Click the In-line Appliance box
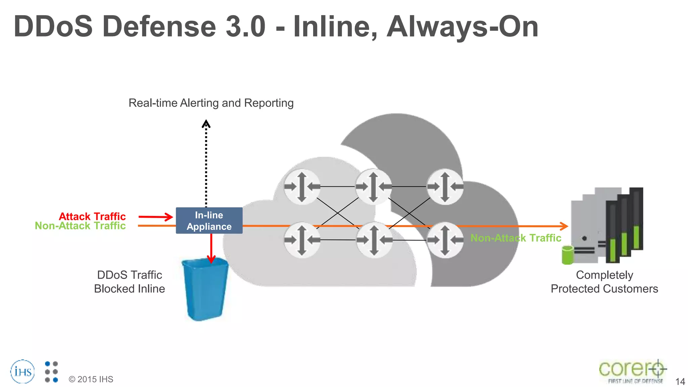(x=209, y=221)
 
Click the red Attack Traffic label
(x=92, y=216)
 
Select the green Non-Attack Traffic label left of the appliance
(x=80, y=226)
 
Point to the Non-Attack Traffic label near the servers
(x=516, y=238)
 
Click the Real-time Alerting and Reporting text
(x=211, y=103)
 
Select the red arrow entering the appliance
(x=156, y=217)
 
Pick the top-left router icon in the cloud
(x=302, y=186)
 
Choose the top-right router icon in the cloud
(x=445, y=186)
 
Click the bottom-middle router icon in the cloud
(x=374, y=240)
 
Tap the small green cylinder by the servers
(x=567, y=255)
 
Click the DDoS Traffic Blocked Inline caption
(x=130, y=282)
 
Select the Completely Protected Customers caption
(x=604, y=282)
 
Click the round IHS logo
(x=23, y=372)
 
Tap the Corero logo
(x=632, y=371)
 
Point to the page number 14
(x=680, y=382)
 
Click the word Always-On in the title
(x=463, y=27)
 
